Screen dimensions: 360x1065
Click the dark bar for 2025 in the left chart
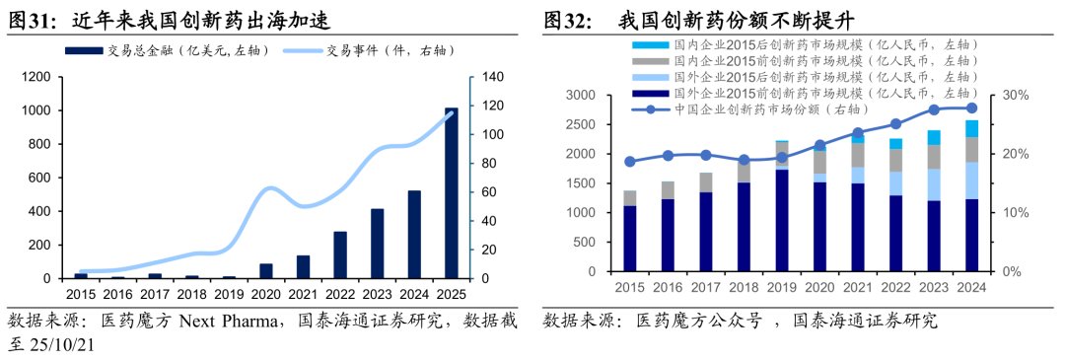451,193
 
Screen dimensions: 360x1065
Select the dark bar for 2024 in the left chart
414,235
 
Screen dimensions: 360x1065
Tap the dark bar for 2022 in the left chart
340,255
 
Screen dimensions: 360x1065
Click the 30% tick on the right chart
1016,95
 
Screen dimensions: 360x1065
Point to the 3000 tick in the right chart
580,95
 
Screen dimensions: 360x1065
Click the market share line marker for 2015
630,161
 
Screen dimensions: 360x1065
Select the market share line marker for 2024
971,108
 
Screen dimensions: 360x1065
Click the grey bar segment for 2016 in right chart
669,189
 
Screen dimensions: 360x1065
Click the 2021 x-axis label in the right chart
858,286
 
